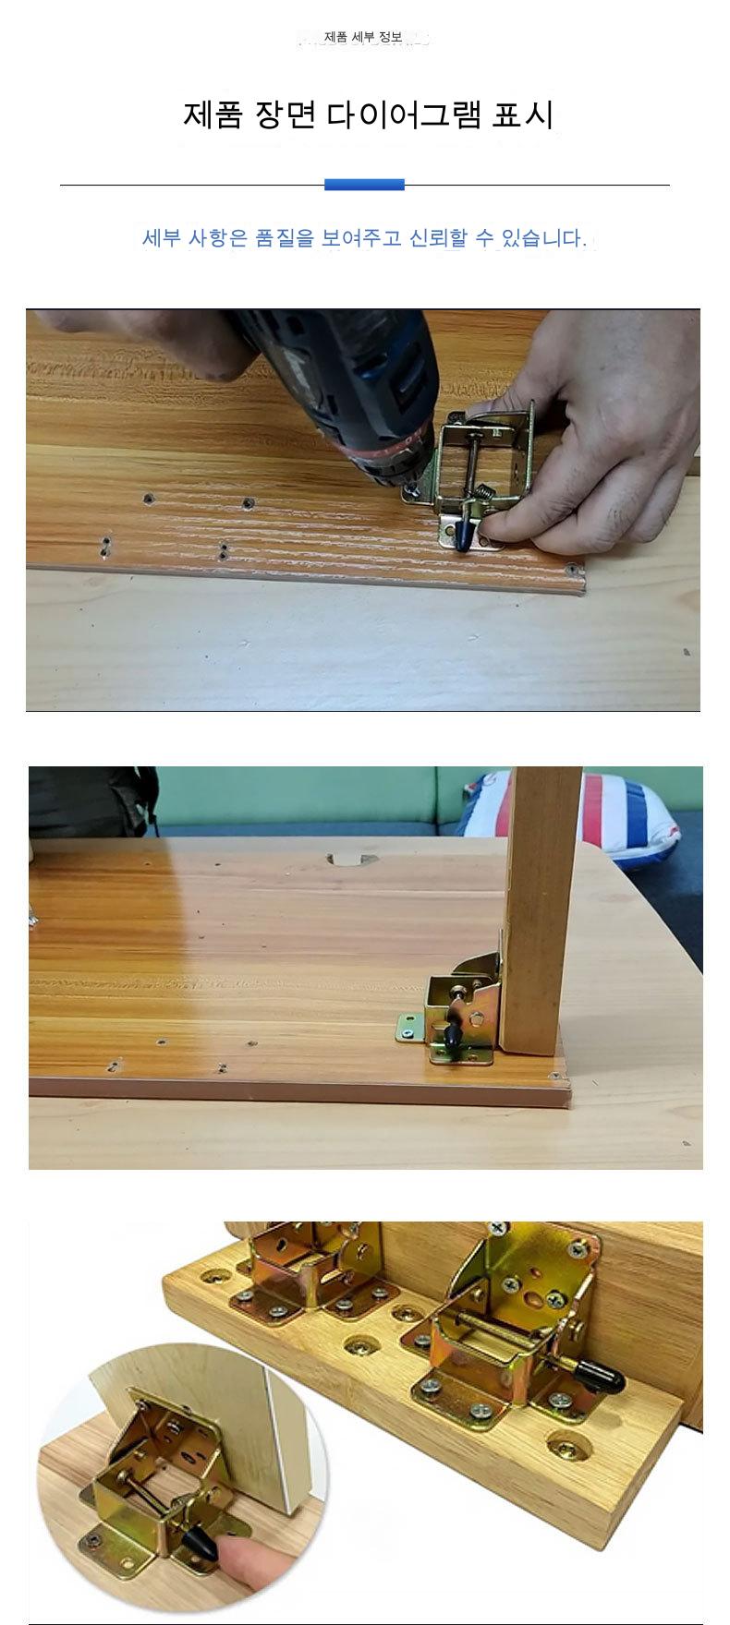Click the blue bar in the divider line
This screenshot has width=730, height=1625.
[364, 185]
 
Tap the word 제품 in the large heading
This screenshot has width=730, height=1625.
[213, 116]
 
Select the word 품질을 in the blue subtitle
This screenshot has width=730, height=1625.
[284, 238]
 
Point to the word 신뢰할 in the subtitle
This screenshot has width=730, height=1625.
[438, 238]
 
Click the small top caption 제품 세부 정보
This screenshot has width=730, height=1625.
[363, 38]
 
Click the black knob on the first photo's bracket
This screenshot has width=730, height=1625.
[462, 532]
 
